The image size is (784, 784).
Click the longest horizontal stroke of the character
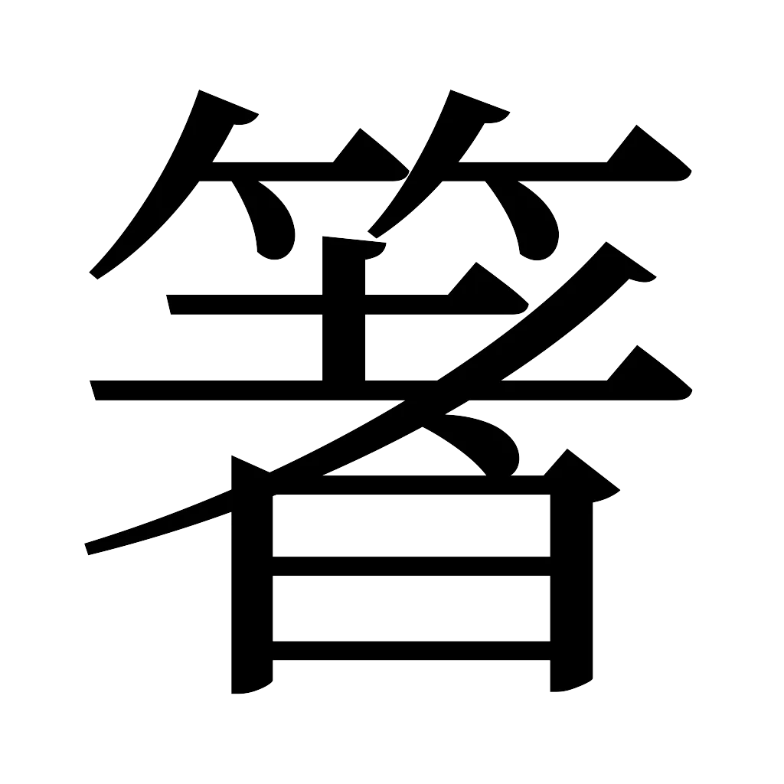[230, 391]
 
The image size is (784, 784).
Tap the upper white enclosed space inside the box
[410, 523]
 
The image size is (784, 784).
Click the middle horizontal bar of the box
[410, 563]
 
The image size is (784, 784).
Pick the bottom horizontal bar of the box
[410, 649]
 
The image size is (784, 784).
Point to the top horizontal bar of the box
[410, 484]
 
